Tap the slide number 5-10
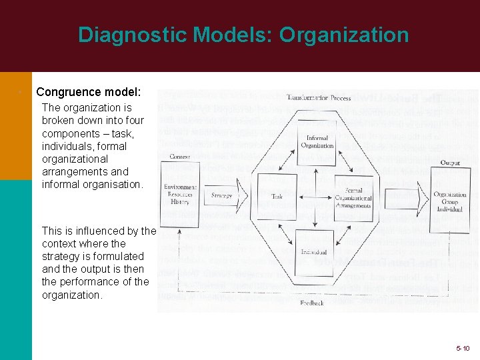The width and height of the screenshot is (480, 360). click(463, 348)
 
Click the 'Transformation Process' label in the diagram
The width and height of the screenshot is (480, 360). click(319, 98)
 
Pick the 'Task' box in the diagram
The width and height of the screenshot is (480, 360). click(277, 197)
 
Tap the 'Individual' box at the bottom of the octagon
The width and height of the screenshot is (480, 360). click(314, 252)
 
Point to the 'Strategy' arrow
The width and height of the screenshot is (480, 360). click(223, 196)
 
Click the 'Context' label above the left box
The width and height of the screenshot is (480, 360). click(180, 157)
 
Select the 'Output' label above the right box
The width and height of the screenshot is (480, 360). click(450, 163)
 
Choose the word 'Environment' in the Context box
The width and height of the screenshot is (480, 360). click(181, 187)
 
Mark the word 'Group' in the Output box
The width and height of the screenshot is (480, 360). click(450, 203)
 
